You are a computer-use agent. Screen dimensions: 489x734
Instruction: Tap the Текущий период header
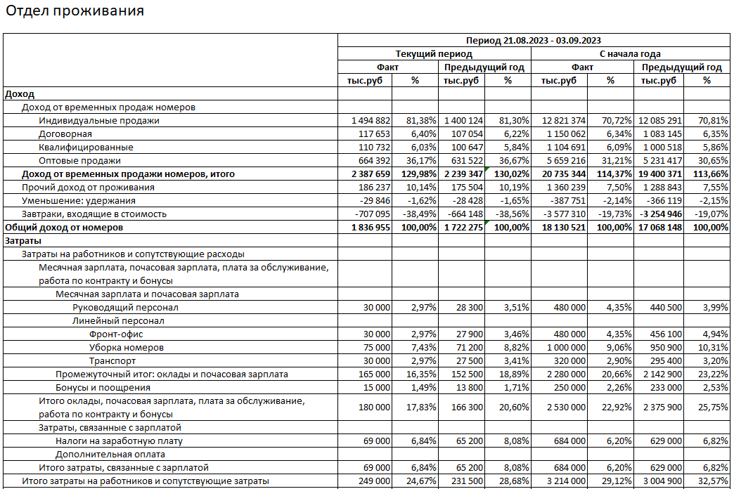point(434,53)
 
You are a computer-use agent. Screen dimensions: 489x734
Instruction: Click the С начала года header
point(630,53)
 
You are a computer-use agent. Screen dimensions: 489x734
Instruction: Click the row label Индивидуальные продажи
point(99,121)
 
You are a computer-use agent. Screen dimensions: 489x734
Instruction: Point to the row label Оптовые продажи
point(80,161)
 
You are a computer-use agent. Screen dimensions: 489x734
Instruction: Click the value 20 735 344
point(562,174)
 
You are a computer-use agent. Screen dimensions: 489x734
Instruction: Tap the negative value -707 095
point(371,214)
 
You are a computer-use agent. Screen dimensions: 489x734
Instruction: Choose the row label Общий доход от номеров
point(64,228)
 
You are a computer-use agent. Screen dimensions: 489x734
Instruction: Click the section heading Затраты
point(24,241)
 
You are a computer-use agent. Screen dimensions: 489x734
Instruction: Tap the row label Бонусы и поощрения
point(103,388)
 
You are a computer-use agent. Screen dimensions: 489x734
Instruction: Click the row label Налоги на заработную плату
point(120,441)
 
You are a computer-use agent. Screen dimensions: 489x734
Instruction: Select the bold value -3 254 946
point(659,214)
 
